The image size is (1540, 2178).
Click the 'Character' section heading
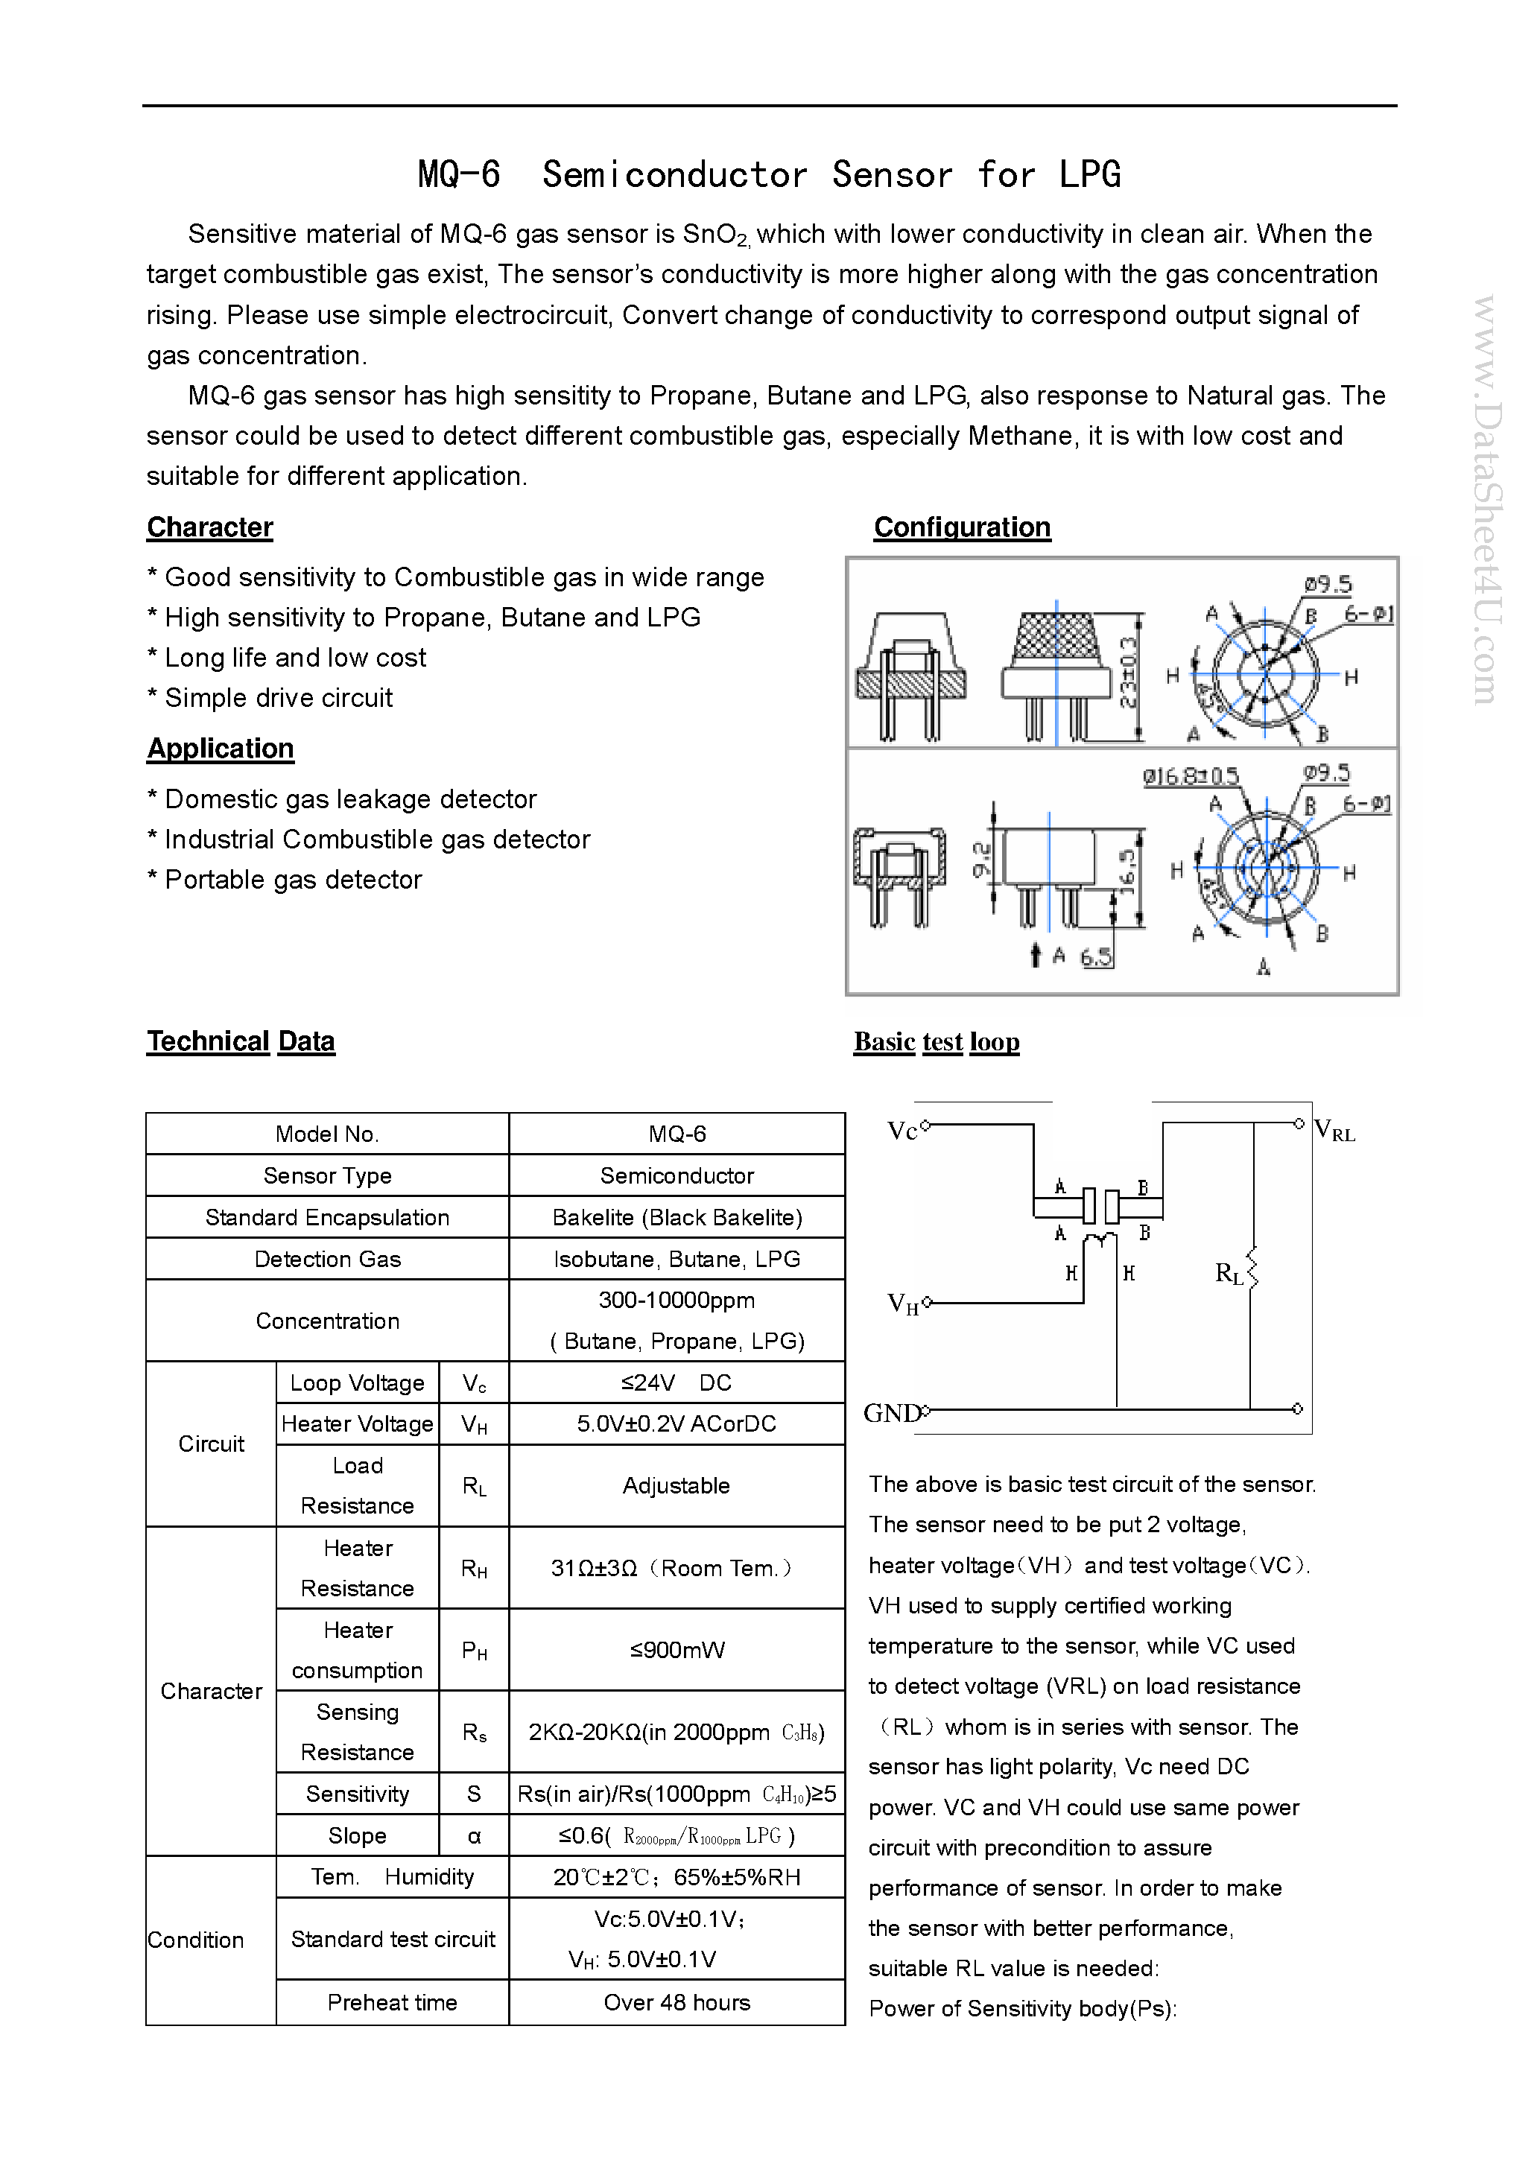[209, 527]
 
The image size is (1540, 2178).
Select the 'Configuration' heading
[961, 527]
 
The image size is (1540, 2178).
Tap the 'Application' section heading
[220, 749]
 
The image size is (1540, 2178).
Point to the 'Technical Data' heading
[240, 1041]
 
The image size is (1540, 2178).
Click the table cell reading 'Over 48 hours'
[676, 2001]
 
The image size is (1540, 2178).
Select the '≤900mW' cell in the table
[676, 1650]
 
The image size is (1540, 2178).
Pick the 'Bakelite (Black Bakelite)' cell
[676, 1217]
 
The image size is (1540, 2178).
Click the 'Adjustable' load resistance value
[676, 1485]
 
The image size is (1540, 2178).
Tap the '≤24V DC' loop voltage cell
[676, 1382]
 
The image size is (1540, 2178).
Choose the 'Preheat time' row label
[392, 2001]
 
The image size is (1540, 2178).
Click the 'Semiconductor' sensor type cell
[676, 1175]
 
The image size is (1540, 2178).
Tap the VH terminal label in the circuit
[902, 1304]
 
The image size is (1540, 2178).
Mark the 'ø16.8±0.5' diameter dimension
[1190, 777]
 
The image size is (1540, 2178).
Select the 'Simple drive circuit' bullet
[278, 698]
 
